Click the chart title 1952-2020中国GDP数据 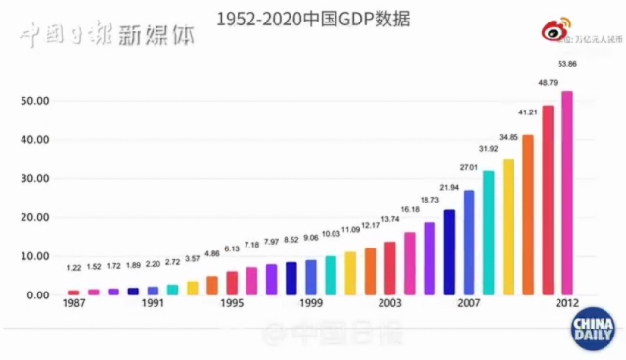click(x=312, y=18)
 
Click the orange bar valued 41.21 click(x=528, y=215)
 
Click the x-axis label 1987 click(x=73, y=304)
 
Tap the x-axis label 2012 click(x=567, y=304)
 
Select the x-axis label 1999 click(x=310, y=304)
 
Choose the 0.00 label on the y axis click(x=37, y=294)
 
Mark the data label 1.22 click(x=74, y=268)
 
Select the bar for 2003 click(x=389, y=268)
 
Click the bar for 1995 click(x=232, y=283)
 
